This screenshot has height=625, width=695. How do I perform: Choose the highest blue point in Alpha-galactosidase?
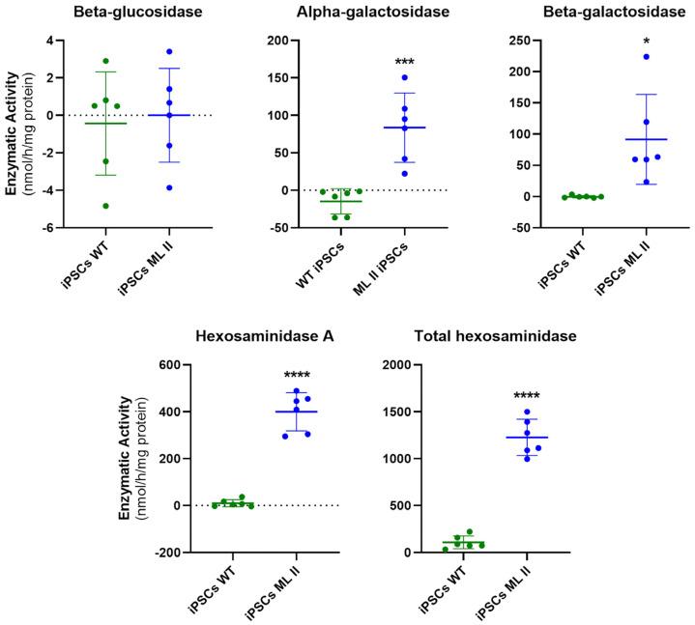pos(405,77)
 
